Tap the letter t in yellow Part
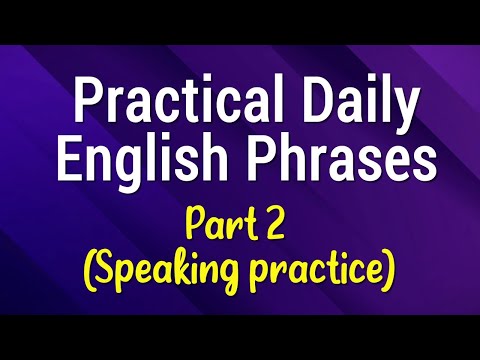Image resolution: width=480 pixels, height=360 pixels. tap(253, 222)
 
